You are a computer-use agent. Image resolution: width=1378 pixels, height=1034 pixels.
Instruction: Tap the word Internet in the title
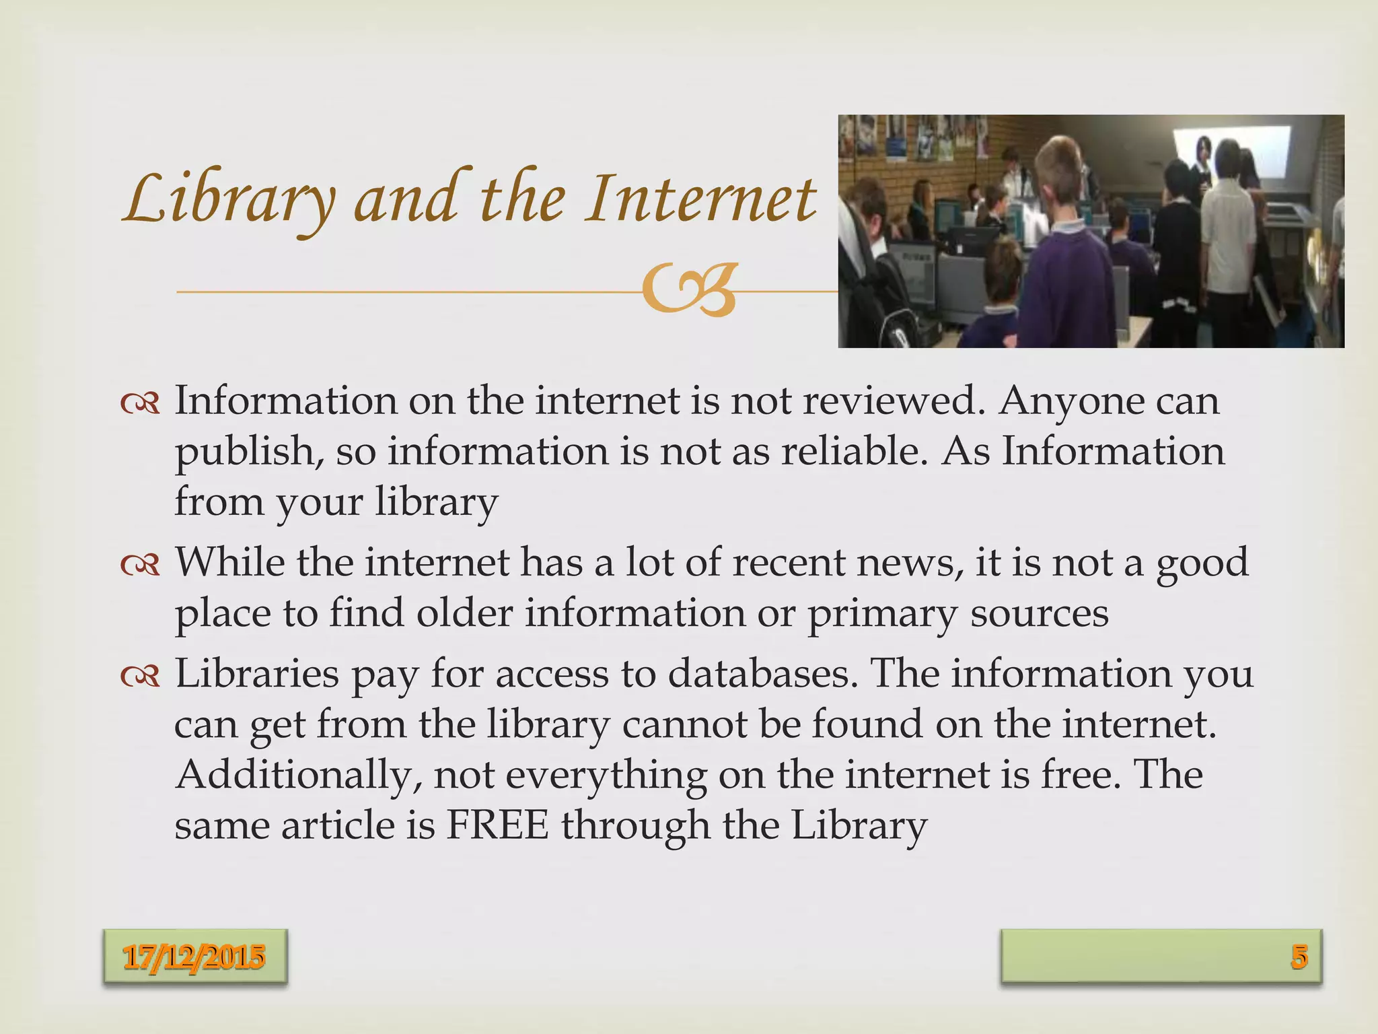pyautogui.click(x=700, y=199)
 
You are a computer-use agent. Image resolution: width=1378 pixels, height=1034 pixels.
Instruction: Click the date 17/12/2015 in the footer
pyautogui.click(x=194, y=957)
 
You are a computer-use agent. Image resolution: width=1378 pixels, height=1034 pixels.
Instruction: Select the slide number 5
pyautogui.click(x=1299, y=957)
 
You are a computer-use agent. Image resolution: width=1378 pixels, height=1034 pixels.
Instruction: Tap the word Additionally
pyautogui.click(x=299, y=775)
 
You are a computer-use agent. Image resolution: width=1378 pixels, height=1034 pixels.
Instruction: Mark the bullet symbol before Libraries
pyautogui.click(x=140, y=676)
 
